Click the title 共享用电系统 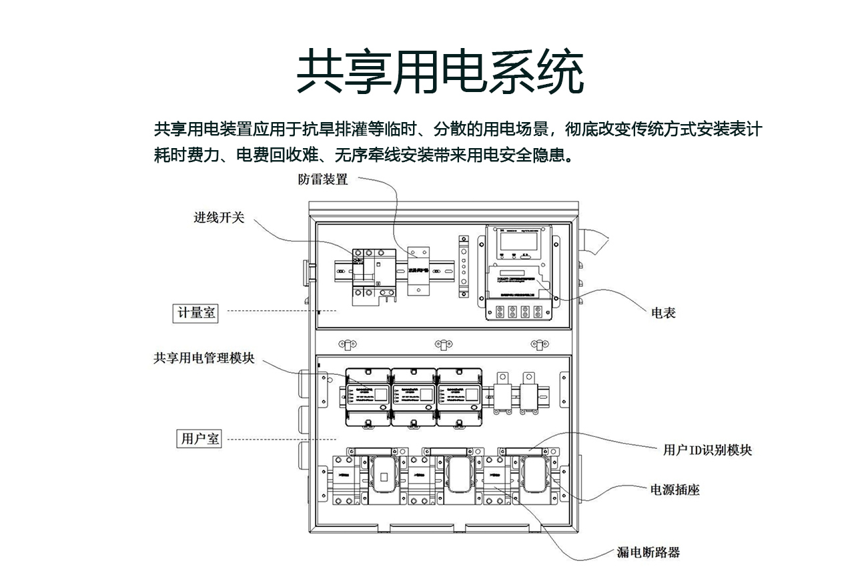tap(440, 71)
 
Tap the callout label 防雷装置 tap(323, 179)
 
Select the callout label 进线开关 tap(219, 217)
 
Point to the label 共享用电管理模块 tap(203, 358)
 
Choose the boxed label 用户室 tap(199, 439)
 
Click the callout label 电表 tap(663, 312)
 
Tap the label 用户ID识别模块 tap(707, 450)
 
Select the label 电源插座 tap(675, 490)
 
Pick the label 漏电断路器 tap(648, 552)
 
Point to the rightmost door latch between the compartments tap(540, 344)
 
